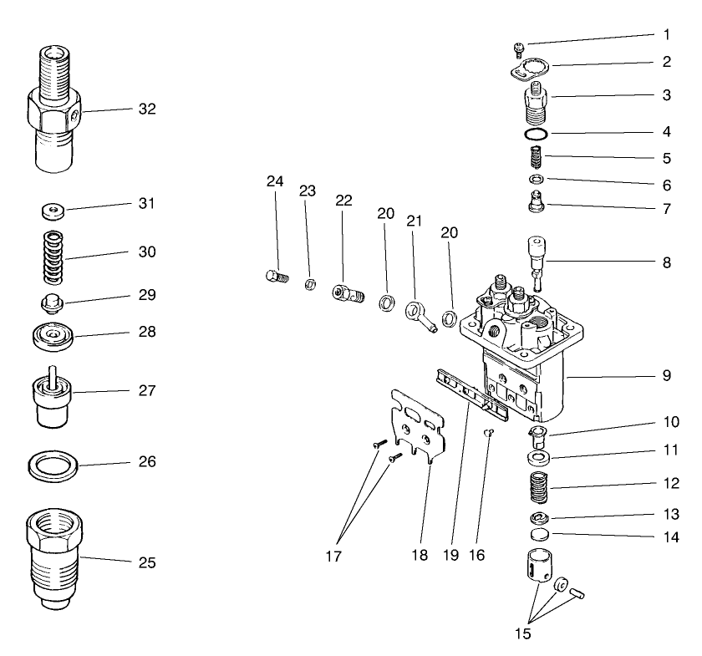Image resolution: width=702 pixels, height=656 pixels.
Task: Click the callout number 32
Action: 147,109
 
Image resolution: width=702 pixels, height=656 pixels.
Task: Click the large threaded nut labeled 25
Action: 53,555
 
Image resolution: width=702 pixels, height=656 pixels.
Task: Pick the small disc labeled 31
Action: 53,208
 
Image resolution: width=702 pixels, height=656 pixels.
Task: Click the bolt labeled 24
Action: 274,275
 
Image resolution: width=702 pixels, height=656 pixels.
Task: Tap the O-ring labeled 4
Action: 537,135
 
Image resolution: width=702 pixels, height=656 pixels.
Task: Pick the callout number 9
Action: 666,376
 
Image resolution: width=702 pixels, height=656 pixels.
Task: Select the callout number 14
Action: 666,537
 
